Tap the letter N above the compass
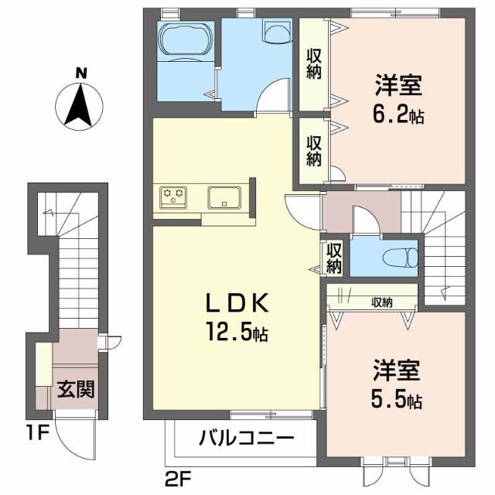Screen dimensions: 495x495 80,73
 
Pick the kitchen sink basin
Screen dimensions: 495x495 225,198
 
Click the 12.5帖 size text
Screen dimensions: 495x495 237,334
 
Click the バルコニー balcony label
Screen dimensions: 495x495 247,439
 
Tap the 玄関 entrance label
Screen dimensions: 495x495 76,389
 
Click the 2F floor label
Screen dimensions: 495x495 176,479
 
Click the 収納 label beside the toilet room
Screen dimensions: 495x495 334,258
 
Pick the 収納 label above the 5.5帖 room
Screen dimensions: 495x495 381,302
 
